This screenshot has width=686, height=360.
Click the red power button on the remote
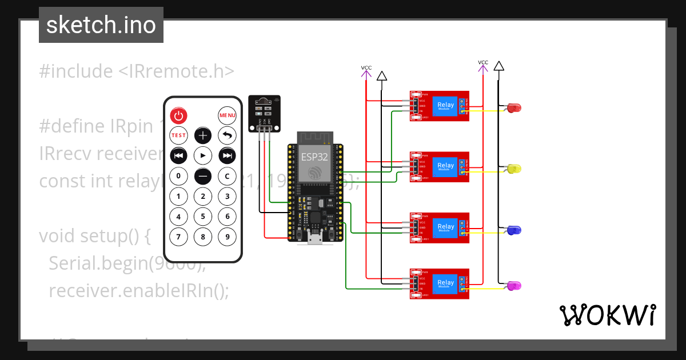[x=179, y=116]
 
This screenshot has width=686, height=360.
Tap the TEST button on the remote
[x=179, y=135]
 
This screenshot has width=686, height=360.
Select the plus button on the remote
[x=203, y=135]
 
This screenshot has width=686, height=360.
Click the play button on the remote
[x=203, y=155]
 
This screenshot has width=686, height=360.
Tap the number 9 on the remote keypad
[x=227, y=235]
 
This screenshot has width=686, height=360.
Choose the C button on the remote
[x=227, y=176]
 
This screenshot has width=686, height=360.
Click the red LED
[x=514, y=107]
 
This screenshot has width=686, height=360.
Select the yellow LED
[x=514, y=169]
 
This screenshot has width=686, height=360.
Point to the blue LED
[x=514, y=230]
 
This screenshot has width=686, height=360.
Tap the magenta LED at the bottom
[x=514, y=286]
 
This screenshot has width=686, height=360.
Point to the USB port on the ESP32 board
[x=314, y=238]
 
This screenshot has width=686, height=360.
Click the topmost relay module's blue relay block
[x=446, y=105]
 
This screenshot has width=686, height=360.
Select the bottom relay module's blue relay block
[x=446, y=283]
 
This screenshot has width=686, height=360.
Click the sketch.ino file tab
[x=101, y=25]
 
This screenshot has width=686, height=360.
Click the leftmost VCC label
[x=366, y=68]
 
